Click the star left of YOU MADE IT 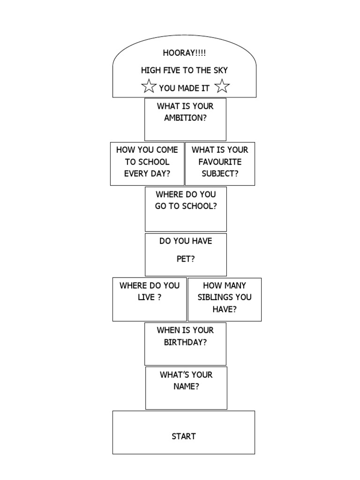(149, 86)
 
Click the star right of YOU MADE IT (222, 86)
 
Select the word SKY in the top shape (219, 70)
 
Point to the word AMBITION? (185, 118)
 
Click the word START (184, 436)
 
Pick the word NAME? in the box (186, 387)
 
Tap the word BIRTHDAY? (185, 342)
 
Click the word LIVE (146, 297)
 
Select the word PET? (186, 259)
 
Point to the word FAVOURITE (220, 162)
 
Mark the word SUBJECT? (220, 173)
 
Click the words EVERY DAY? (147, 173)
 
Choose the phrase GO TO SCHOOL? (186, 206)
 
